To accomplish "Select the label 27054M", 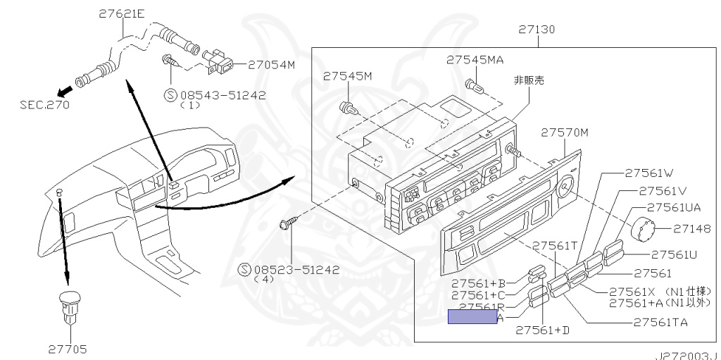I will click(x=271, y=64).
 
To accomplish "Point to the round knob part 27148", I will click(x=641, y=229).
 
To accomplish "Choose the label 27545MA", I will click(x=474, y=60).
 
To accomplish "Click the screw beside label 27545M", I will click(x=346, y=108).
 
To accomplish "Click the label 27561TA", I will click(x=660, y=323).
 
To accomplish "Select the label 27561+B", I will click(x=478, y=282).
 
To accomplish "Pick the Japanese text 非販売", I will click(x=528, y=81).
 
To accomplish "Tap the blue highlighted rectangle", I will click(x=472, y=317).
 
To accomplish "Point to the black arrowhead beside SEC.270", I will click(x=65, y=89).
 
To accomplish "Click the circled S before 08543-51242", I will click(x=170, y=95).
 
